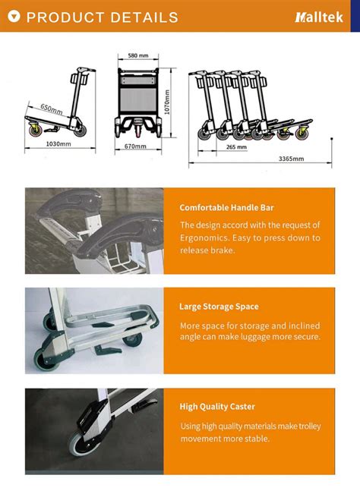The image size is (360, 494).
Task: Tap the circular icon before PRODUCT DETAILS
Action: point(14,17)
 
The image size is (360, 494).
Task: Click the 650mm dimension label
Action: point(52,109)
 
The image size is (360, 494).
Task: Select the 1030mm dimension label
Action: point(58,143)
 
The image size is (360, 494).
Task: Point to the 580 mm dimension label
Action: point(137,56)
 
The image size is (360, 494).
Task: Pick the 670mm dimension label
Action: point(135,146)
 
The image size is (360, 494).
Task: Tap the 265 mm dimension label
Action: point(236,147)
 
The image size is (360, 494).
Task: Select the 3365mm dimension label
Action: point(291,159)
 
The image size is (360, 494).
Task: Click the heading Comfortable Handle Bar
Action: point(226,207)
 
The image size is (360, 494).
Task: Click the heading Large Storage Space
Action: point(219,307)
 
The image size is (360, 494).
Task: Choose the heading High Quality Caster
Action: point(216,407)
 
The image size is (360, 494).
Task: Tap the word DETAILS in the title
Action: point(144,17)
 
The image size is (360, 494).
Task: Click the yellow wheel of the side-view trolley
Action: point(35,131)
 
